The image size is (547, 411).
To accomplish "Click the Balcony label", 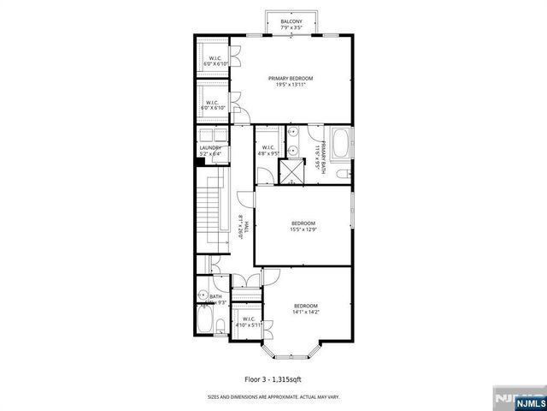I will tap(291, 25).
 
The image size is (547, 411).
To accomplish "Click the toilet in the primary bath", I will tap(342, 175).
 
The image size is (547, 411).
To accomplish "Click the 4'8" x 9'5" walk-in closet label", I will tap(268, 151).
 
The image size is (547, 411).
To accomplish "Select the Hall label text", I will tap(243, 227).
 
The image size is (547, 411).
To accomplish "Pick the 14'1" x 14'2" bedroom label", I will tap(306, 310).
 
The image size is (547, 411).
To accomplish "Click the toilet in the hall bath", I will tap(219, 325).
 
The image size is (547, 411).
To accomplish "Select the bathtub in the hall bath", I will tap(204, 322).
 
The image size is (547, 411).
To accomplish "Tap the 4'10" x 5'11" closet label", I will tap(247, 323).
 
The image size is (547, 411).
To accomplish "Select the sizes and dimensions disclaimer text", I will tap(273, 396).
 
